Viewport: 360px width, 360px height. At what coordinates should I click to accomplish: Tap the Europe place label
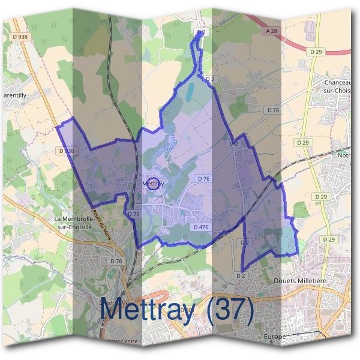coord(275,337)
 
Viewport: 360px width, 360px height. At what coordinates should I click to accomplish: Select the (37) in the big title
coord(229,310)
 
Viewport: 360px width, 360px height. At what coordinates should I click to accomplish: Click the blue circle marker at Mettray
coord(153,184)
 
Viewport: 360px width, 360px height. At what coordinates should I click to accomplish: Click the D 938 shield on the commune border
coord(67,151)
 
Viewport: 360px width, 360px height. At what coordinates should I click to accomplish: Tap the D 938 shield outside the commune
coord(20,37)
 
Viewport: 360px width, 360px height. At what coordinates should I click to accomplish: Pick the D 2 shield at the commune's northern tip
coord(201,32)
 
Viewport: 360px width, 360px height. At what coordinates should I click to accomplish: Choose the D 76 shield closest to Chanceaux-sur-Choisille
coord(273,110)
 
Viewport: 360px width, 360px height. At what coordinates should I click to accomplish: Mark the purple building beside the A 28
coord(311,29)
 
